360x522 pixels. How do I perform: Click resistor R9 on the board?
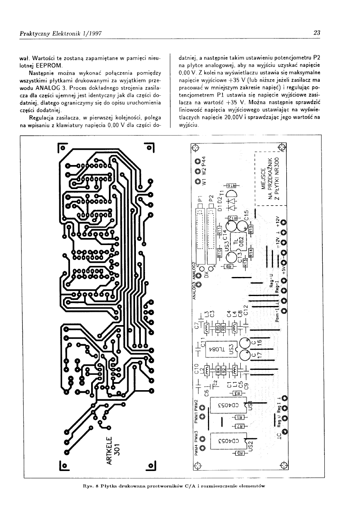pyautogui.click(x=228, y=266)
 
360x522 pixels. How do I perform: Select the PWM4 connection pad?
pyautogui.click(x=203, y=448)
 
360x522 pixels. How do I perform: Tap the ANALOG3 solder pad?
pyautogui.click(x=198, y=284)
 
